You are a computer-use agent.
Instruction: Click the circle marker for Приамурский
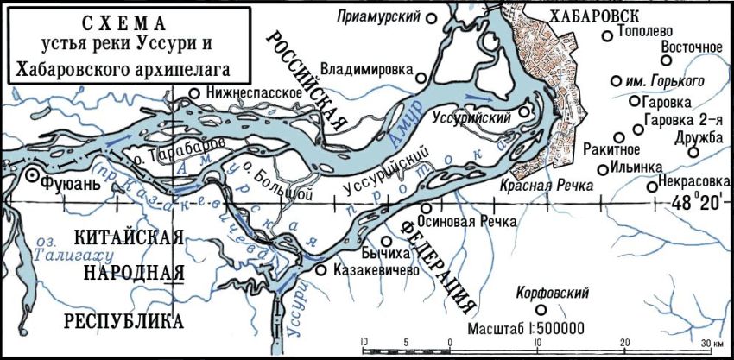coord(446,16)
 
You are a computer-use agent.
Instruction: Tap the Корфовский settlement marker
coord(541,310)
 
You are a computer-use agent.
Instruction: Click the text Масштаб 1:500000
coord(527,330)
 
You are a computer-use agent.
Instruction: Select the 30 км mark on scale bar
coord(712,342)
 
